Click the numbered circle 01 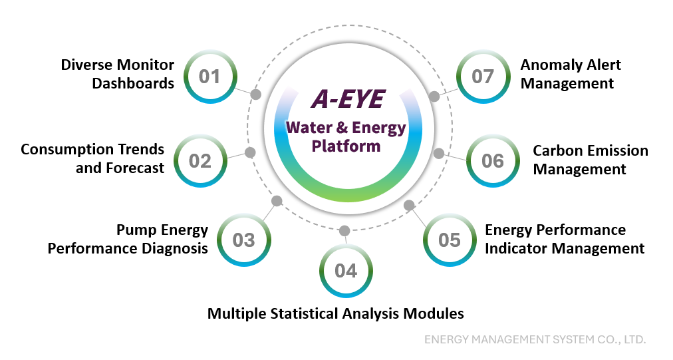209,76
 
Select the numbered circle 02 200,160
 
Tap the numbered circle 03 243,240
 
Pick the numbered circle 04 346,270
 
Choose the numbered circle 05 450,240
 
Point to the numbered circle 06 493,160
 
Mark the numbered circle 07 483,76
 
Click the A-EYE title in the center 348,99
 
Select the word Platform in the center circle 346,146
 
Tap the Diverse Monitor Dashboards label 118,74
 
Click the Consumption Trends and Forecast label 92,158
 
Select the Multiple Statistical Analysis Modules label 335,313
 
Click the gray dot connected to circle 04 344,231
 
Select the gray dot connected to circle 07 434,96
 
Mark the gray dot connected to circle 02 250,152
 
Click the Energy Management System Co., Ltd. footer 535,339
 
